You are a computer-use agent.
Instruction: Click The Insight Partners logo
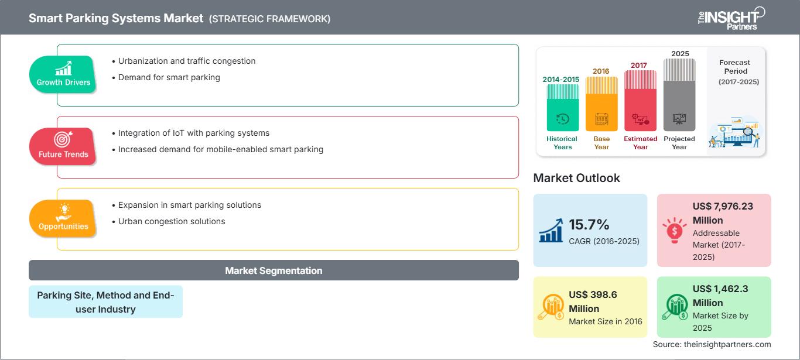pos(731,19)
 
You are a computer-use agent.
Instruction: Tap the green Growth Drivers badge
pos(63,74)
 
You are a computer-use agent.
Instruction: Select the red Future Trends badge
pos(63,146)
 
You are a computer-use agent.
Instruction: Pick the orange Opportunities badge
pos(63,218)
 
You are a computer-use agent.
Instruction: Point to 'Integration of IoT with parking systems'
pos(191,133)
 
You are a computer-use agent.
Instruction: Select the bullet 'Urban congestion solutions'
pos(169,221)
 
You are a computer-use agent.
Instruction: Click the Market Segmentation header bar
pos(273,270)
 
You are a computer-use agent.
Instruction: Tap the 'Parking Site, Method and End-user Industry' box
pos(106,302)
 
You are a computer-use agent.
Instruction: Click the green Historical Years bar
pos(562,108)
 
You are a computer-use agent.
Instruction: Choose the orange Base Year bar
pos(601,104)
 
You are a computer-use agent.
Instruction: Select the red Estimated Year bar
pos(640,101)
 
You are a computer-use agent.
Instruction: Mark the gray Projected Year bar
pos(679,95)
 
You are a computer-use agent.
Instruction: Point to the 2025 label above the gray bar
pos(680,54)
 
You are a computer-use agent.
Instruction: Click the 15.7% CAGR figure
pos(589,225)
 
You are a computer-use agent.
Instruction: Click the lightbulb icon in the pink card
pos(674,230)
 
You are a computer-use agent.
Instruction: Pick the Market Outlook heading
pos(576,178)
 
